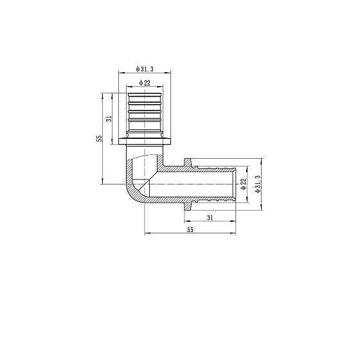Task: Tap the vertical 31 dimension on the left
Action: [x=109, y=118]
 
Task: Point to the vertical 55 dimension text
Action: [x=100, y=138]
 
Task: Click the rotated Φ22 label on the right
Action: [x=244, y=183]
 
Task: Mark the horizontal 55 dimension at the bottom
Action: [x=190, y=230]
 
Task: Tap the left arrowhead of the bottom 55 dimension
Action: [x=148, y=233]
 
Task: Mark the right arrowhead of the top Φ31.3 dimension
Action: [x=174, y=74]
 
